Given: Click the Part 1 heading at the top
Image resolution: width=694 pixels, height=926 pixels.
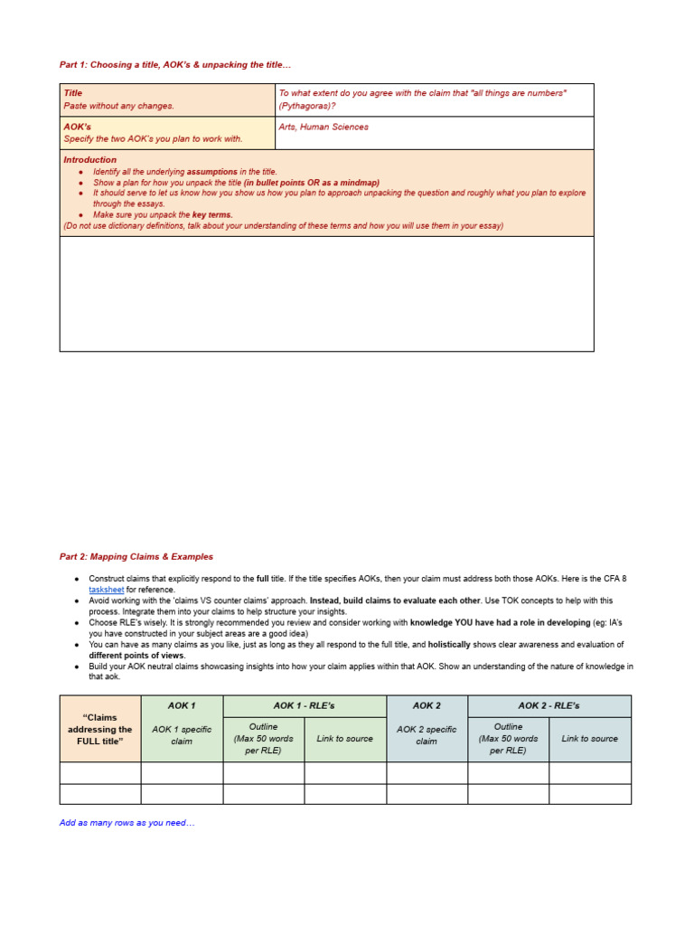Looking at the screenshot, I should [175, 65].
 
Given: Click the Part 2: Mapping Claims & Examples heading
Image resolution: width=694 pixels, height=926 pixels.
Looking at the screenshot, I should [136, 556].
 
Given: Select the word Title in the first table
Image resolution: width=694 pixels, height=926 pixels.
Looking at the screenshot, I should [72, 93].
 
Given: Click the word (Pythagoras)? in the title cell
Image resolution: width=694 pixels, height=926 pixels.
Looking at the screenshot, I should [307, 106].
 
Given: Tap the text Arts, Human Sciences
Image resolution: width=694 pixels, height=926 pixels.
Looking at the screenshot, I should [324, 128].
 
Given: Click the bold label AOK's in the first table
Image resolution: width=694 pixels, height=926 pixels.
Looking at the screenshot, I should [77, 127].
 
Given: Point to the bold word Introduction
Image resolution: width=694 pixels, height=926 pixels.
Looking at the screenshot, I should [89, 160].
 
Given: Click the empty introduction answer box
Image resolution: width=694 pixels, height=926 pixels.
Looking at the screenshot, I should [326, 293].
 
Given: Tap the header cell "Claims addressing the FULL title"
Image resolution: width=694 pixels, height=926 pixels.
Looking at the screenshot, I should [99, 729].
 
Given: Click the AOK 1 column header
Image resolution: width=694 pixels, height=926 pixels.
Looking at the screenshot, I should [182, 705].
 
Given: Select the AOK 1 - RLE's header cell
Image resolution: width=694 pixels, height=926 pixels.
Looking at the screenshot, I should [304, 705].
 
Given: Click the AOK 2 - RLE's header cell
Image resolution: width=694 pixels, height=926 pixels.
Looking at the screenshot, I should [549, 705].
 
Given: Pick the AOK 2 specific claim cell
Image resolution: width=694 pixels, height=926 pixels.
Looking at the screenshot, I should [427, 735].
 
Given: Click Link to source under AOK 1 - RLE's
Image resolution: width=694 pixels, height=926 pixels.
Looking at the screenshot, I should [344, 739].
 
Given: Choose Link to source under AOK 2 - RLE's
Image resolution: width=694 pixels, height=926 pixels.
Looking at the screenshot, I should [589, 739].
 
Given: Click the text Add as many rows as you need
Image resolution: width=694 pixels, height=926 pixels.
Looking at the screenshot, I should [127, 823].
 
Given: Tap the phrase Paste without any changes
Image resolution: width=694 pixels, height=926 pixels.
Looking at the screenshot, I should [118, 106].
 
